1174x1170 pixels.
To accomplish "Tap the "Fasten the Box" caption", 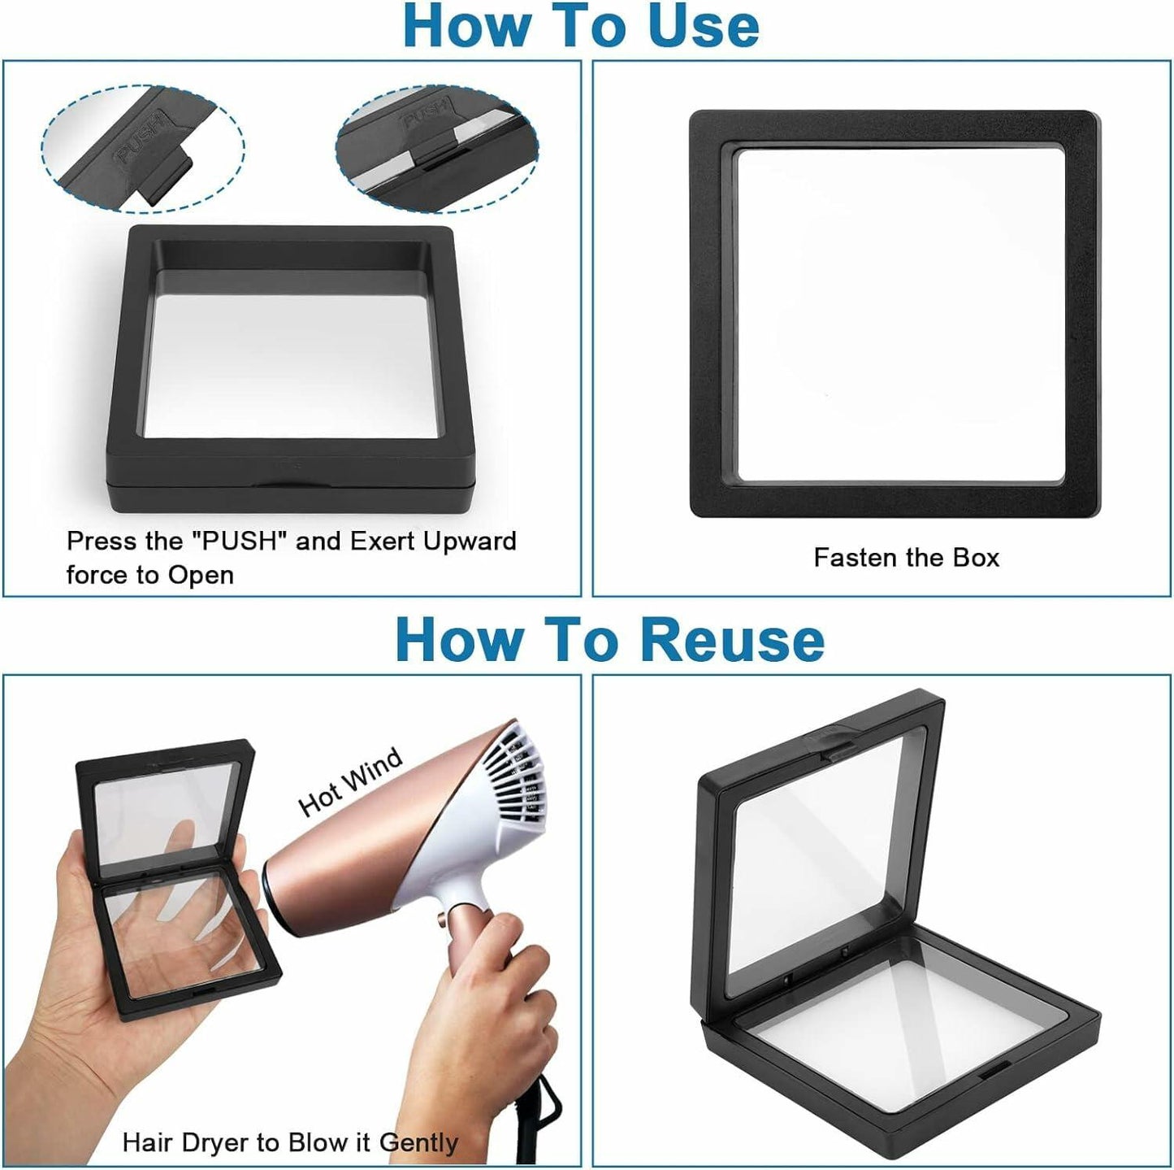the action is (906, 557).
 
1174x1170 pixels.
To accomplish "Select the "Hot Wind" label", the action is (350, 781).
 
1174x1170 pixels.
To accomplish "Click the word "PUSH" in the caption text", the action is (240, 541).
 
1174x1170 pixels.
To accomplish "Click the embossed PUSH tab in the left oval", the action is (143, 139).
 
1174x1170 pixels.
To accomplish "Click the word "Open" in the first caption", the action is (201, 576).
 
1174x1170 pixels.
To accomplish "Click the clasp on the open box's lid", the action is (827, 747).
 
